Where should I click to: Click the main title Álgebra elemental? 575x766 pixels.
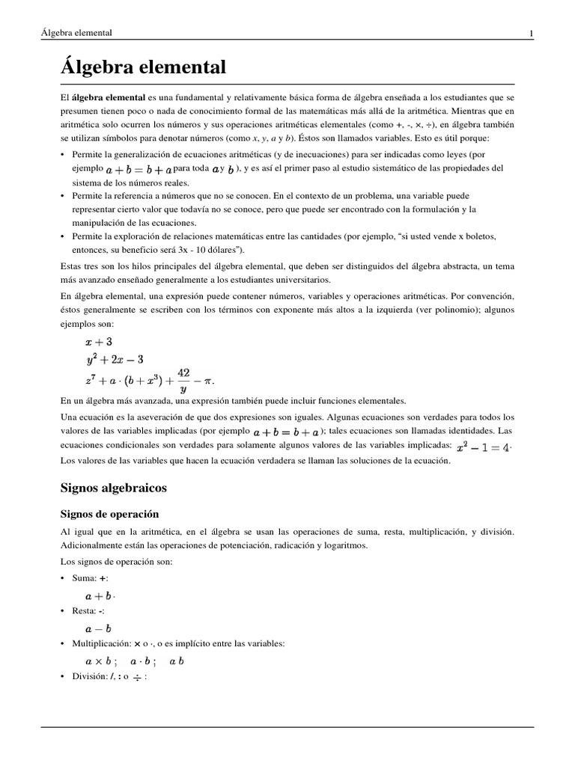point(143,67)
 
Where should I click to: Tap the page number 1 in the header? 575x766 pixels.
point(531,33)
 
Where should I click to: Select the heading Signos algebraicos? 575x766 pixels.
point(113,488)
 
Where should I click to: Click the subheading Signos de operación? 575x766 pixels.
point(109,515)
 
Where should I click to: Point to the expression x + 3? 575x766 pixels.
point(99,342)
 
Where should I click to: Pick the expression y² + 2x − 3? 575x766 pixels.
point(115,359)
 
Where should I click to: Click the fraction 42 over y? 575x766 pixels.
point(183,379)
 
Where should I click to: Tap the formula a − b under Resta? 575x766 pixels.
point(98,628)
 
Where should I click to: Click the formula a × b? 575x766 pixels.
point(99,661)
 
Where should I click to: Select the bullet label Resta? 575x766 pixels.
point(84,611)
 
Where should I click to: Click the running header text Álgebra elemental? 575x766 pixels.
point(76,33)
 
